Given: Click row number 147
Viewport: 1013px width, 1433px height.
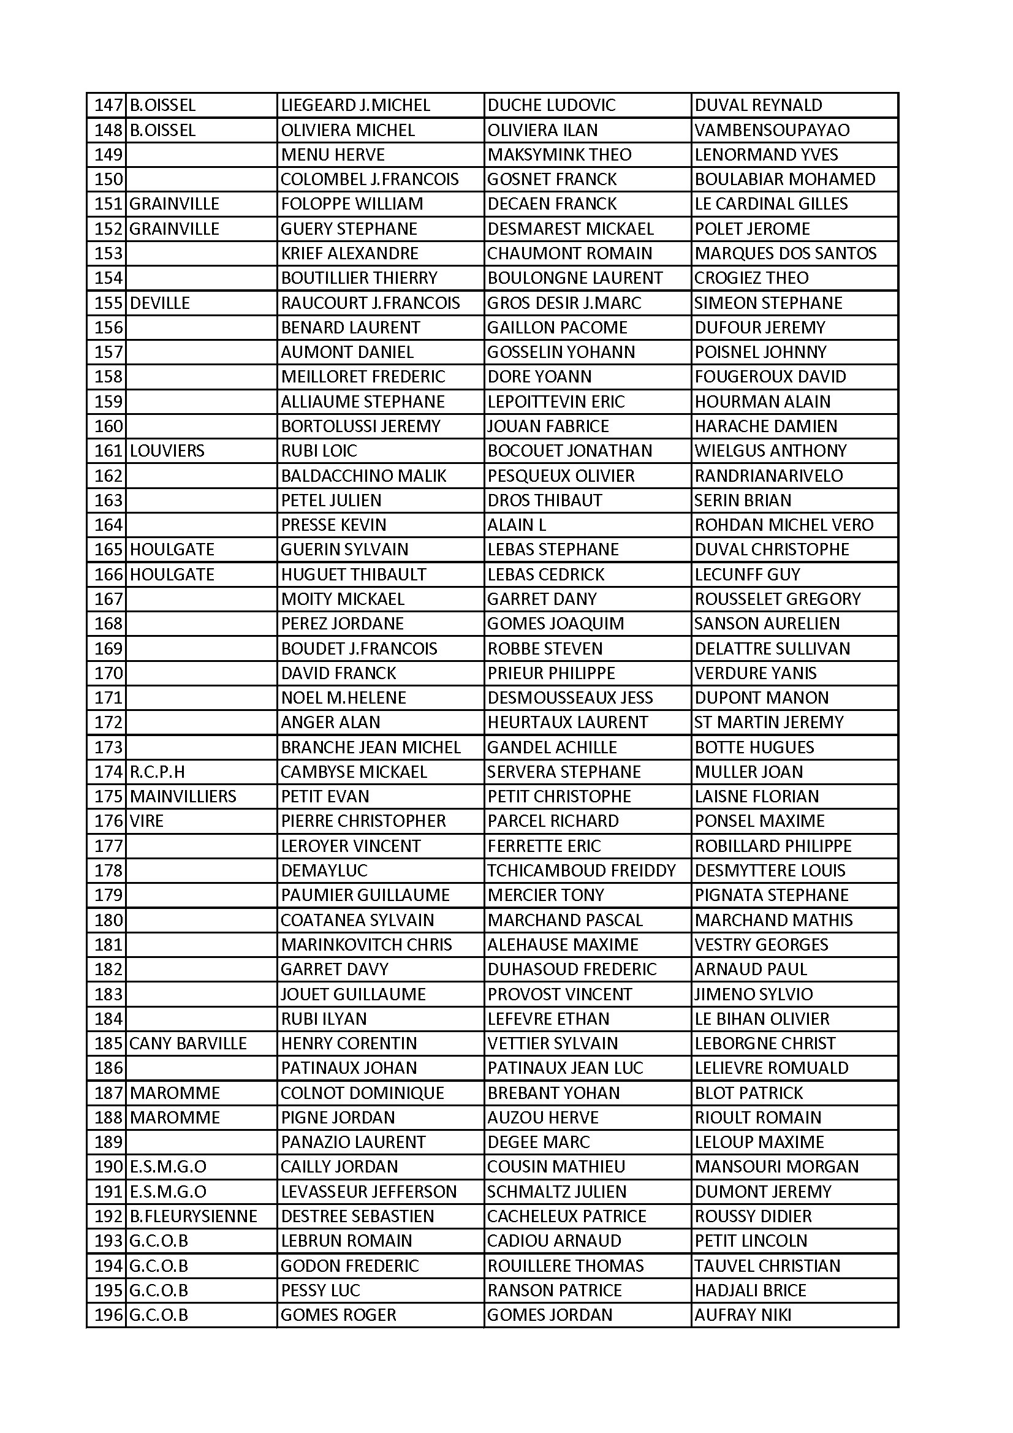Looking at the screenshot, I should (x=108, y=105).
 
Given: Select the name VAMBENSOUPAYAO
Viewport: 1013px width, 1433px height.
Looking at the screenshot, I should (x=772, y=130).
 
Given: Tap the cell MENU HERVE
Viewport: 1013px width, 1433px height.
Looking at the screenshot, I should (x=333, y=155).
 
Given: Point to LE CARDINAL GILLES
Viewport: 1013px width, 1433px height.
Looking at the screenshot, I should (x=771, y=204).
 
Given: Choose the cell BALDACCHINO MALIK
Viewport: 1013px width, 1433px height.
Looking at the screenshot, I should (x=363, y=476).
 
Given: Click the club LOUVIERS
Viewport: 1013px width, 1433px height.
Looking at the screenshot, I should (x=167, y=450).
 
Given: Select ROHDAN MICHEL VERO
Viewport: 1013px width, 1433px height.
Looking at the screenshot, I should (x=784, y=525).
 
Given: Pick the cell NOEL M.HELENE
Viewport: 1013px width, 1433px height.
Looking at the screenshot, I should (x=343, y=697).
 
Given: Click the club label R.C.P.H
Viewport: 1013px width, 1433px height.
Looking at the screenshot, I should (x=157, y=772).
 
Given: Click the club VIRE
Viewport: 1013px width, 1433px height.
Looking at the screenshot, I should (x=146, y=821).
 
